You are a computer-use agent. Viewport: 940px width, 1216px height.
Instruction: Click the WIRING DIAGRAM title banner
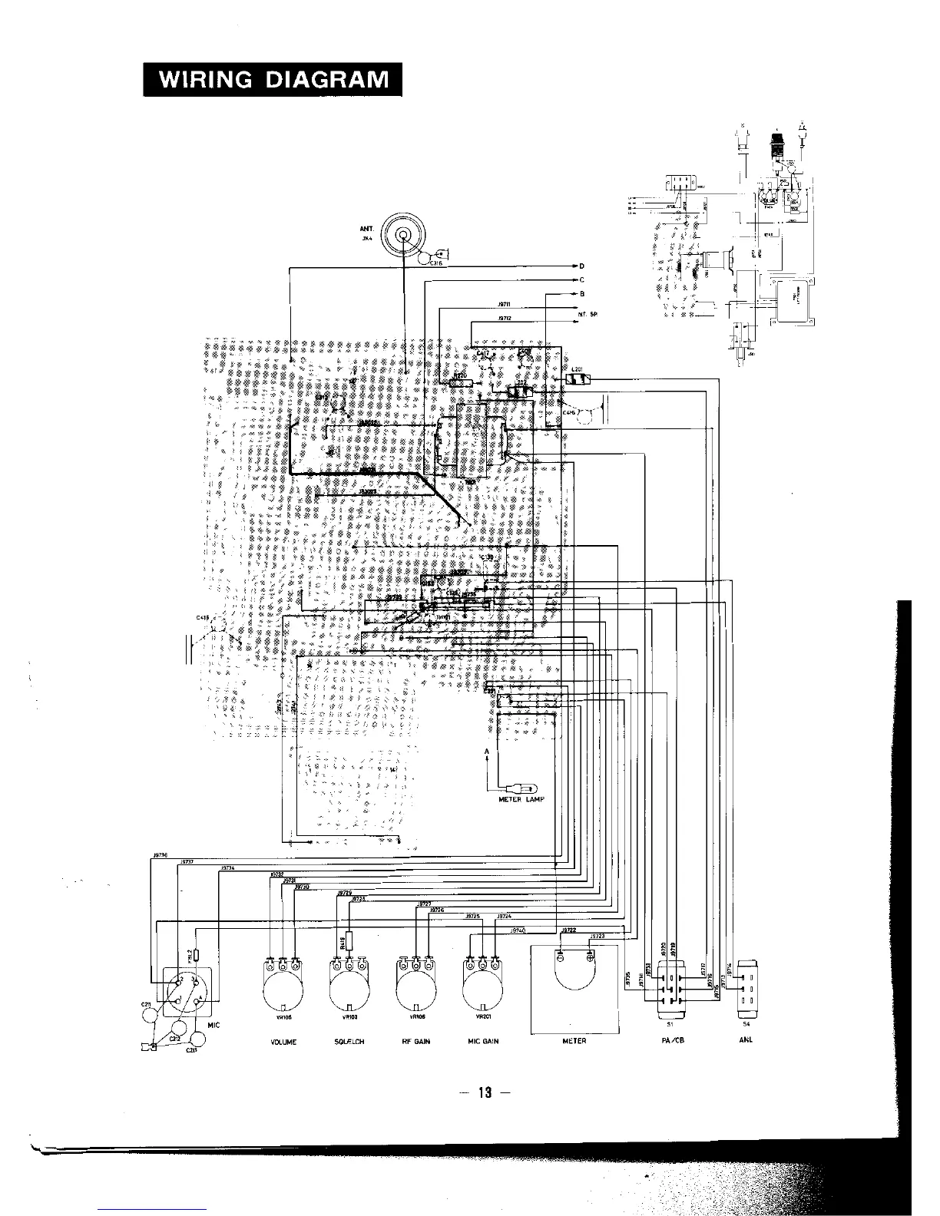point(273,79)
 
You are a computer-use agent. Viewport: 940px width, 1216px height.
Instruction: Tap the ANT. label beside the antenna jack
point(366,229)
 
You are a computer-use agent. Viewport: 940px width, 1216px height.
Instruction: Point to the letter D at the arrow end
point(582,266)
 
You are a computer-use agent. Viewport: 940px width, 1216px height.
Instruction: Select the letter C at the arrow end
point(582,280)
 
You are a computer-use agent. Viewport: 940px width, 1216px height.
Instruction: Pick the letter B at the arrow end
point(582,294)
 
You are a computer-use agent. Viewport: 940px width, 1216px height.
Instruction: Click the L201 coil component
point(577,378)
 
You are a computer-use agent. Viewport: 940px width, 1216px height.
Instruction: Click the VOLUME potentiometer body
point(283,993)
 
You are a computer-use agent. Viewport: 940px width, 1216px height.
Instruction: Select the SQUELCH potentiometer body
point(349,993)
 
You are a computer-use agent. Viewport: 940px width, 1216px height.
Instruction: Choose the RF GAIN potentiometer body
point(415,993)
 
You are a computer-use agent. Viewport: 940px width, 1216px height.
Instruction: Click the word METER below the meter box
point(574,1042)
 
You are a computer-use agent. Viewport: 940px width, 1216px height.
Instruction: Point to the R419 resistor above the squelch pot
point(349,941)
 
